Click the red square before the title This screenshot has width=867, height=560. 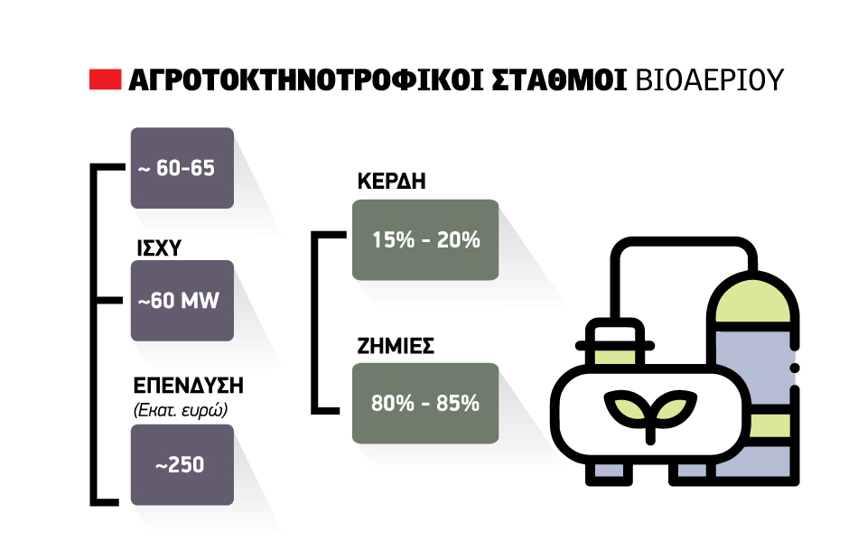(105, 79)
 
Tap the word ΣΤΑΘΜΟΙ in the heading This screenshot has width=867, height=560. (559, 80)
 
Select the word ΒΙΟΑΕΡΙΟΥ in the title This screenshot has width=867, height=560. (710, 80)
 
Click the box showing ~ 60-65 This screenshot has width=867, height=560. (182, 168)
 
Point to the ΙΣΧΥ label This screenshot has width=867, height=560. (159, 248)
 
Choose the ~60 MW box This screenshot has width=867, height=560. (182, 300)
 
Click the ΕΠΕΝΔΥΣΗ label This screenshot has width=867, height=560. (189, 386)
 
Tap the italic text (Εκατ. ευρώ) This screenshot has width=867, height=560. (181, 410)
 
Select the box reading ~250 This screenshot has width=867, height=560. (182, 464)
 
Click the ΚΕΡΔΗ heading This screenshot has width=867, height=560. (391, 182)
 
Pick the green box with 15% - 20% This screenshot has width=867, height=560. (425, 240)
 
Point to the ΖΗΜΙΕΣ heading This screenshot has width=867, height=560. (396, 346)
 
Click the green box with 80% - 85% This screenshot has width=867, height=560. (425, 403)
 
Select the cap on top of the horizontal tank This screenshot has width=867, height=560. (615, 342)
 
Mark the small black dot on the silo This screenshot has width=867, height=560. (795, 368)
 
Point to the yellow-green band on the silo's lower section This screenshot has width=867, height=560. (769, 425)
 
